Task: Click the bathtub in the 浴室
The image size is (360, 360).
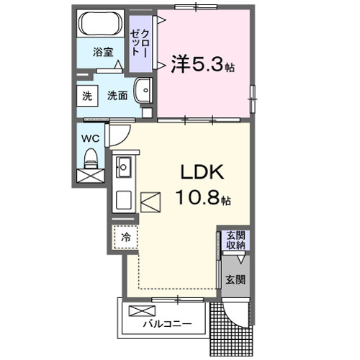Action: [101, 27]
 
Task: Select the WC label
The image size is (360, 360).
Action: [91, 137]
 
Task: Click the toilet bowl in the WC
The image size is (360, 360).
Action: [91, 156]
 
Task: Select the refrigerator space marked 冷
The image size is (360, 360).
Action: [125, 235]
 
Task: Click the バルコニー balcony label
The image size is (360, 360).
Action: [166, 323]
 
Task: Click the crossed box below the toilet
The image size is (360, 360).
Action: [91, 175]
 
